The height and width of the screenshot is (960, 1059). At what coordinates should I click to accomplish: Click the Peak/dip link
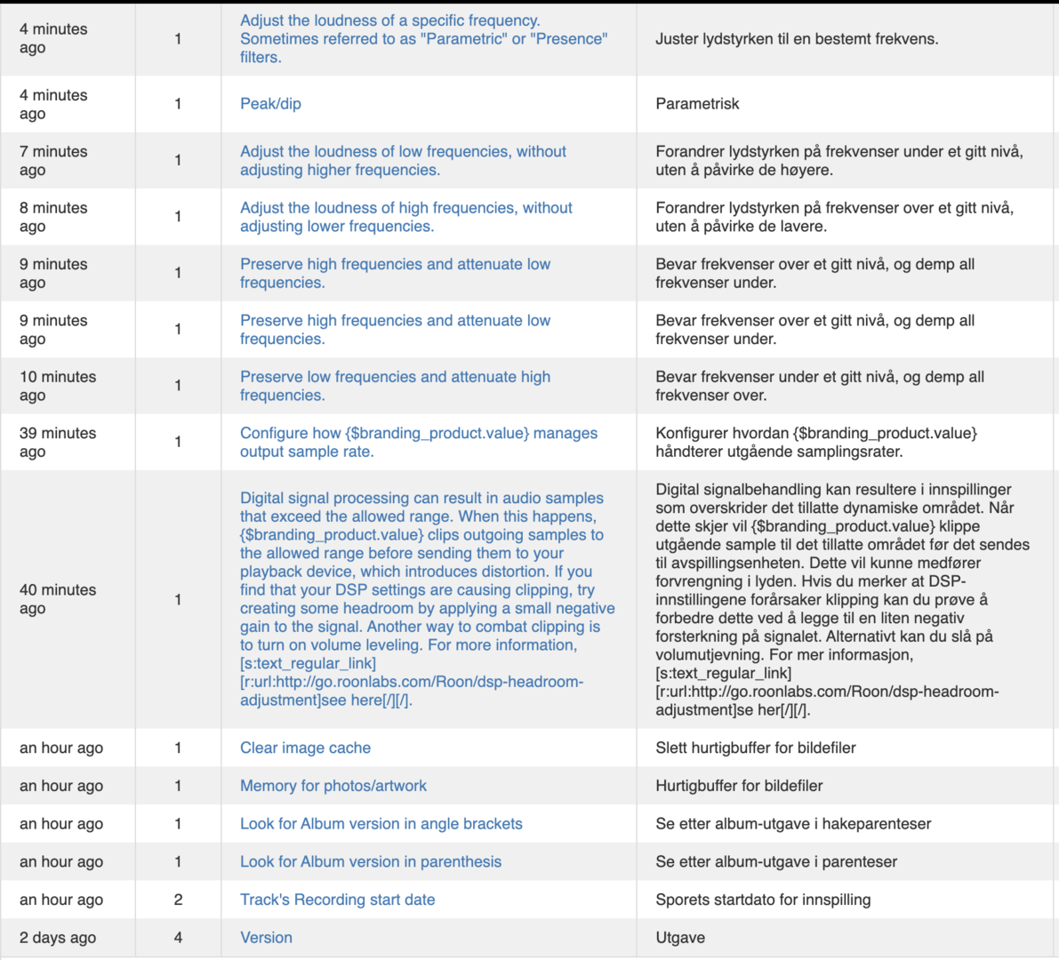click(270, 104)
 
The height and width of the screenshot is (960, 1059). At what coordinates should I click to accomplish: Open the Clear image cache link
click(305, 748)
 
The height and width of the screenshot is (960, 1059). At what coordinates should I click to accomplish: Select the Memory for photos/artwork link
click(333, 786)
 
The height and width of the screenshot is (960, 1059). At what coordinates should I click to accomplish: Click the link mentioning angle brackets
click(381, 824)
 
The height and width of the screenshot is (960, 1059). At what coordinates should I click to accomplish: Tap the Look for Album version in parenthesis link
click(370, 861)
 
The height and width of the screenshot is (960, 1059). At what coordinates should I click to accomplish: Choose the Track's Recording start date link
click(337, 900)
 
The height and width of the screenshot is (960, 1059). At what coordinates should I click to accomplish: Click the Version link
click(266, 938)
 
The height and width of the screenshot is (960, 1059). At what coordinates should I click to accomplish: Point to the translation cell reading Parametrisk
click(697, 104)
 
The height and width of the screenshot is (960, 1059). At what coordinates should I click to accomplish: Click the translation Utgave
click(680, 938)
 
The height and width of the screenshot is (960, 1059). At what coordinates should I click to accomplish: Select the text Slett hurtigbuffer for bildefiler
click(755, 748)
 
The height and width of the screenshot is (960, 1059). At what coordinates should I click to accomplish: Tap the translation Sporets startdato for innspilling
click(763, 900)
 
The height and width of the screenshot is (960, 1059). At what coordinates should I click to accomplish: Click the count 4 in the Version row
click(178, 938)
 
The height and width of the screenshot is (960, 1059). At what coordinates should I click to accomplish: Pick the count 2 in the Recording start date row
click(178, 900)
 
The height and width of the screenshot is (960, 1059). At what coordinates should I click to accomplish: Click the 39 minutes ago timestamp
click(57, 443)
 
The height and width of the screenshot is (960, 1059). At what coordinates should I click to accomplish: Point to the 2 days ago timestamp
click(58, 938)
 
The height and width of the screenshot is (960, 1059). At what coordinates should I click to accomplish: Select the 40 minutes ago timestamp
click(57, 599)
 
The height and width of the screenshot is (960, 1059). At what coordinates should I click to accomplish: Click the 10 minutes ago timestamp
click(57, 386)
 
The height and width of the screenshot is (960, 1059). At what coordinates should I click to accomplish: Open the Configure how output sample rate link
click(418, 443)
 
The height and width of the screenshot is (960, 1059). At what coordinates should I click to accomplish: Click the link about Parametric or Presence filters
click(423, 39)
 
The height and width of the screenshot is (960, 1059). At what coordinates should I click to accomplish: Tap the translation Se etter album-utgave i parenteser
click(775, 861)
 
